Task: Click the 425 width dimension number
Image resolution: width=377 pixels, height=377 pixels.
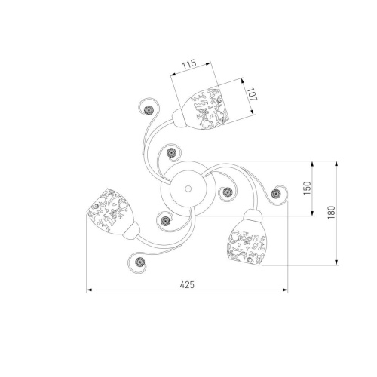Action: click(187, 285)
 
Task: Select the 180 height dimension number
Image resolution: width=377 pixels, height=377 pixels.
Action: click(332, 213)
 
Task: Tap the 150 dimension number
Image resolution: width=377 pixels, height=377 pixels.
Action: click(307, 188)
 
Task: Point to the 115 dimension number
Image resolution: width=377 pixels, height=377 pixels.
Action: click(189, 64)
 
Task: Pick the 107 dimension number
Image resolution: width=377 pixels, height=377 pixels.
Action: click(251, 94)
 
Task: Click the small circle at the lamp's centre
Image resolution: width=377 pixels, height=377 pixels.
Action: click(188, 188)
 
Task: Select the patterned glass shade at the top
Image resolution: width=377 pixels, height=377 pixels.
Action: click(206, 109)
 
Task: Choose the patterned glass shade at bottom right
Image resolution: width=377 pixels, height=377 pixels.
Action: click(247, 243)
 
